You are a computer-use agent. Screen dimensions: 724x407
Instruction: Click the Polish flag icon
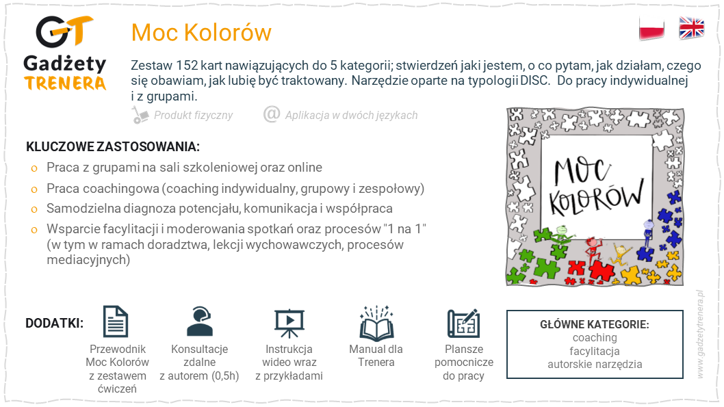click(x=651, y=29)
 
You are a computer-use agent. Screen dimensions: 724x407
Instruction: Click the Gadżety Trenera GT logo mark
click(x=64, y=31)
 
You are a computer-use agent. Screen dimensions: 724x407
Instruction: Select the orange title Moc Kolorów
click(x=201, y=32)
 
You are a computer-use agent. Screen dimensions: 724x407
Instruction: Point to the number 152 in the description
click(x=187, y=66)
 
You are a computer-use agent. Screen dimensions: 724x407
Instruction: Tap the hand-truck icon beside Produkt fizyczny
click(x=140, y=115)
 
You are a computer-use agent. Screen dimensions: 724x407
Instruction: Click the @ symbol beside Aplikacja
click(x=272, y=114)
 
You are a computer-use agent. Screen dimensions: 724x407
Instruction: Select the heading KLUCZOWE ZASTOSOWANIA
click(x=113, y=147)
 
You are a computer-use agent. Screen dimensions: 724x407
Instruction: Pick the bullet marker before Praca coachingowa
click(x=34, y=189)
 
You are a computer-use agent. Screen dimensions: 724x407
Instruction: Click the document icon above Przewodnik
click(x=116, y=321)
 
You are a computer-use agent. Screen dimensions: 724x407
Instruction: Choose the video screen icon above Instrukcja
click(x=289, y=323)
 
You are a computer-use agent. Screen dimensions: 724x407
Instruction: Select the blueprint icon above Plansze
click(x=463, y=323)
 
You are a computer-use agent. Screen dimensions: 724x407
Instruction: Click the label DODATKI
click(x=55, y=323)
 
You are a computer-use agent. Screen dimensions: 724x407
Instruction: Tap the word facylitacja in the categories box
click(x=595, y=351)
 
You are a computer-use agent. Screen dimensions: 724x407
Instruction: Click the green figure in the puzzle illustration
click(x=560, y=233)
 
